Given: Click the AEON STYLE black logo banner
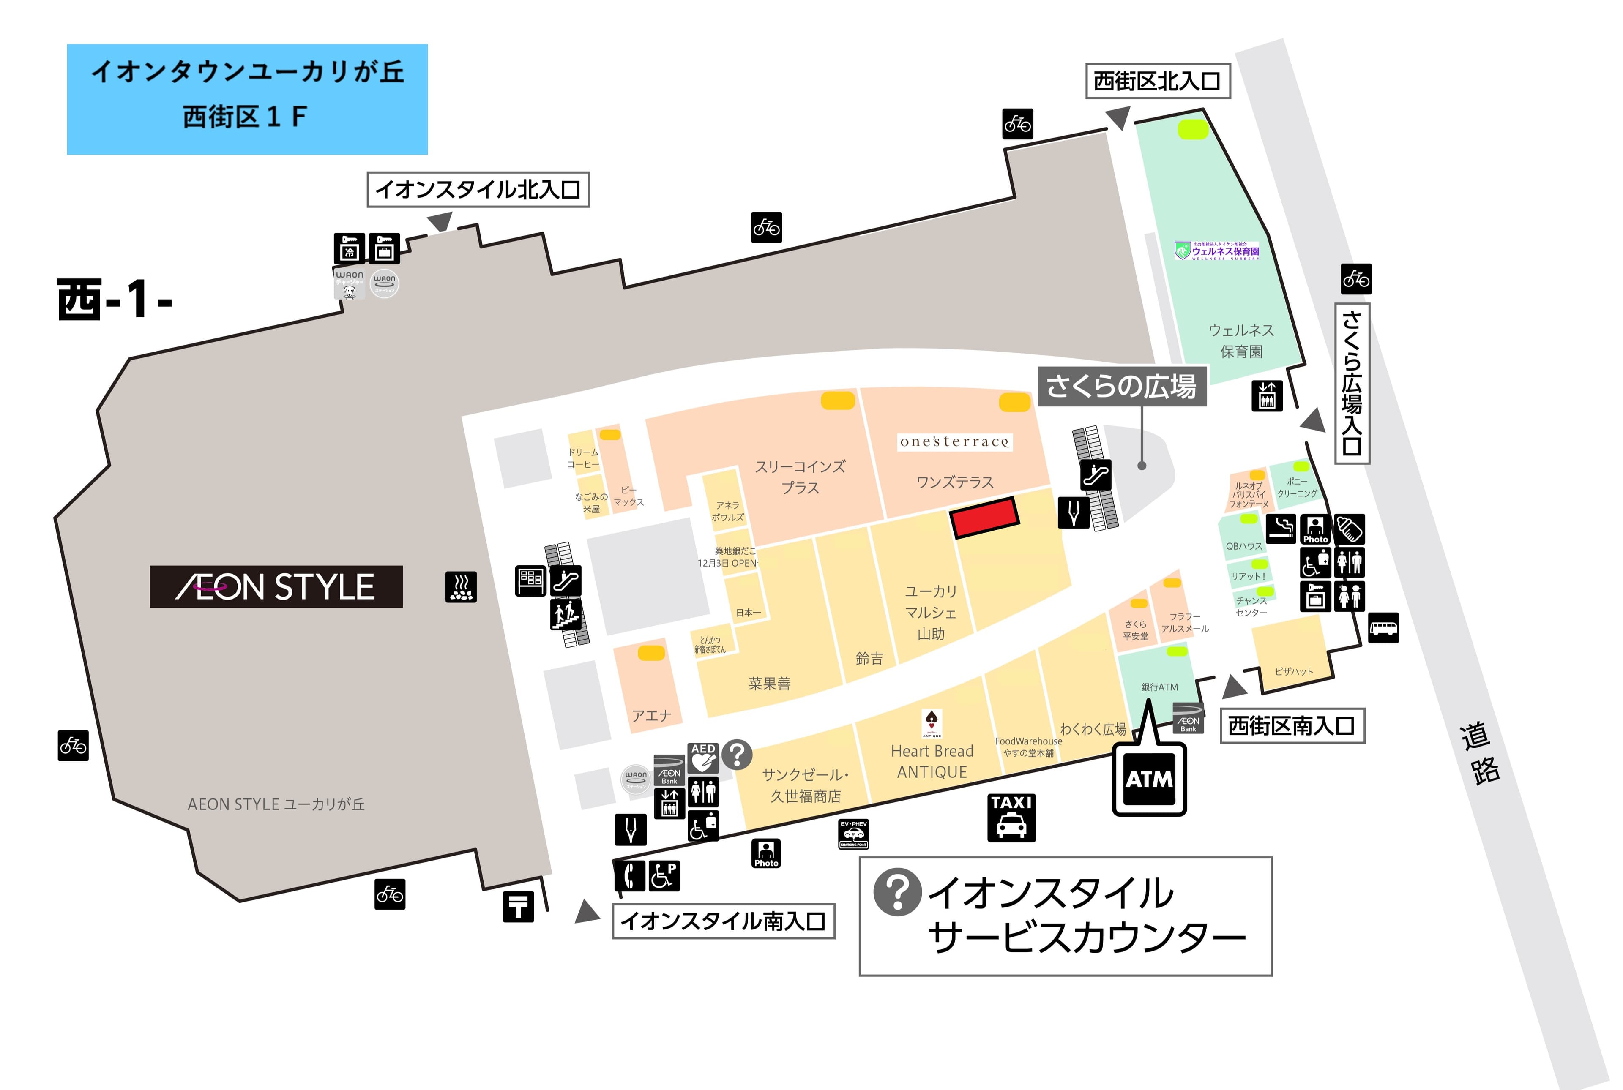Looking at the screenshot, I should [276, 587].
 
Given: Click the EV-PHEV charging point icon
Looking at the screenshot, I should [853, 834].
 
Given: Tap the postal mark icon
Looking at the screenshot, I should [518, 907].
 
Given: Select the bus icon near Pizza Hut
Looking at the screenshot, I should [1383, 628].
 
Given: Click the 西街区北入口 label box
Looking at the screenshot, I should [1158, 82].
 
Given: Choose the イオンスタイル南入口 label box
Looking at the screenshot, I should [723, 921].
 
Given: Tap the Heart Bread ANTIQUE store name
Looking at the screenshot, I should [932, 762].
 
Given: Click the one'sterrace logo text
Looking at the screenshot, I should [954, 442].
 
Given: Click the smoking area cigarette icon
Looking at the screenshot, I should [1280, 529].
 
